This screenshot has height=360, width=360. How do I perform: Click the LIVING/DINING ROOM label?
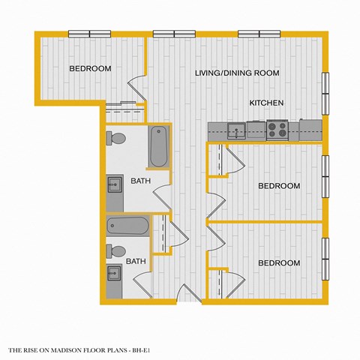[237, 73]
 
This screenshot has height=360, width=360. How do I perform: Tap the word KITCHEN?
[266, 102]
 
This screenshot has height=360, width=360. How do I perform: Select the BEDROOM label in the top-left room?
[90, 69]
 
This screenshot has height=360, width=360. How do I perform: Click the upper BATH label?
[140, 181]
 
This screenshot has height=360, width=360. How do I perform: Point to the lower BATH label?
[136, 262]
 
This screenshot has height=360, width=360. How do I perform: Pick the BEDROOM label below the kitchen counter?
[279, 185]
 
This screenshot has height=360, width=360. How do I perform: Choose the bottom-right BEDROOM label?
[279, 263]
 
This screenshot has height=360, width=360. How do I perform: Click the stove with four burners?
[277, 130]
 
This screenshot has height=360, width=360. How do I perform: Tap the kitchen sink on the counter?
[238, 130]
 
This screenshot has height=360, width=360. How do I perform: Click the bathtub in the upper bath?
[159, 147]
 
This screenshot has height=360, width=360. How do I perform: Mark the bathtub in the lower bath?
[128, 226]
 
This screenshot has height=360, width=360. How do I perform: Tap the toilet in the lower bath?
[116, 250]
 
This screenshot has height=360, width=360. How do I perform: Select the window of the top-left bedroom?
[89, 33]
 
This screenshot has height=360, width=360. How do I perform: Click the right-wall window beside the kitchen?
[325, 90]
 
